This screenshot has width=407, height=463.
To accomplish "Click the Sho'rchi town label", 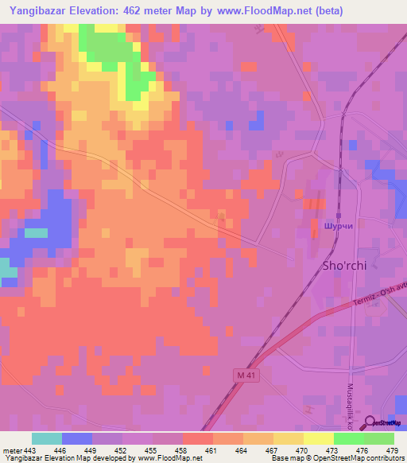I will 343,266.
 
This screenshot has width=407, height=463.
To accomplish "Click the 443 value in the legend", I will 30,451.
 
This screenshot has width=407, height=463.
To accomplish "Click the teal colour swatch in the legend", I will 46,438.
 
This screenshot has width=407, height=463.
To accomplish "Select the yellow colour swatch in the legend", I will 318,438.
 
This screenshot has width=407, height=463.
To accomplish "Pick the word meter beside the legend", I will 12,451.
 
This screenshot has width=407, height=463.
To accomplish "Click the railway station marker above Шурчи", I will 338,215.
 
